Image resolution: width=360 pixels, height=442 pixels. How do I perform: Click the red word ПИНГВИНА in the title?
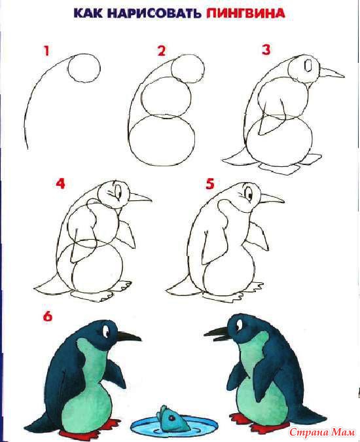point(245,14)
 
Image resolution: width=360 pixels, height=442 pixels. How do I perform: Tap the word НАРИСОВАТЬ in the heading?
point(154,14)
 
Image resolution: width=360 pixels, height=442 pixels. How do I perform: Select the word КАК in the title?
point(88,14)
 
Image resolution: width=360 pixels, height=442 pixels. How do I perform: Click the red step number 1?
point(46,51)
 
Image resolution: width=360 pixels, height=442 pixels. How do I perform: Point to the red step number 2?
point(162,50)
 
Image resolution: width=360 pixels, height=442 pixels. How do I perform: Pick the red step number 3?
point(266,49)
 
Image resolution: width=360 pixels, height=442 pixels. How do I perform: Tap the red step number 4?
point(60,183)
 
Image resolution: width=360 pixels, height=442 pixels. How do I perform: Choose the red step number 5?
point(210,184)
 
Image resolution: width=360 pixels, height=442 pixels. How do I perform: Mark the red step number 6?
point(48,316)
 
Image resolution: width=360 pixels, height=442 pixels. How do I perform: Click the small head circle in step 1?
point(84,68)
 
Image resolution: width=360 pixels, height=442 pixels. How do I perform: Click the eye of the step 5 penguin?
point(249,194)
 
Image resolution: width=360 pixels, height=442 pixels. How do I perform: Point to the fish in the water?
point(171,418)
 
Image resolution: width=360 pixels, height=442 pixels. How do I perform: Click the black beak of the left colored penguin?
point(129,337)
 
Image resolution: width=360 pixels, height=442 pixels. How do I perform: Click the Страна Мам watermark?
point(322,432)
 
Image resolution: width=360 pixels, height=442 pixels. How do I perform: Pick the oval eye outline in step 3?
point(308,65)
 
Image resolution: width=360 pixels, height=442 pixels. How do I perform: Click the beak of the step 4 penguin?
point(140,197)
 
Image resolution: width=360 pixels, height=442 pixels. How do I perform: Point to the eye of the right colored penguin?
point(239,325)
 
